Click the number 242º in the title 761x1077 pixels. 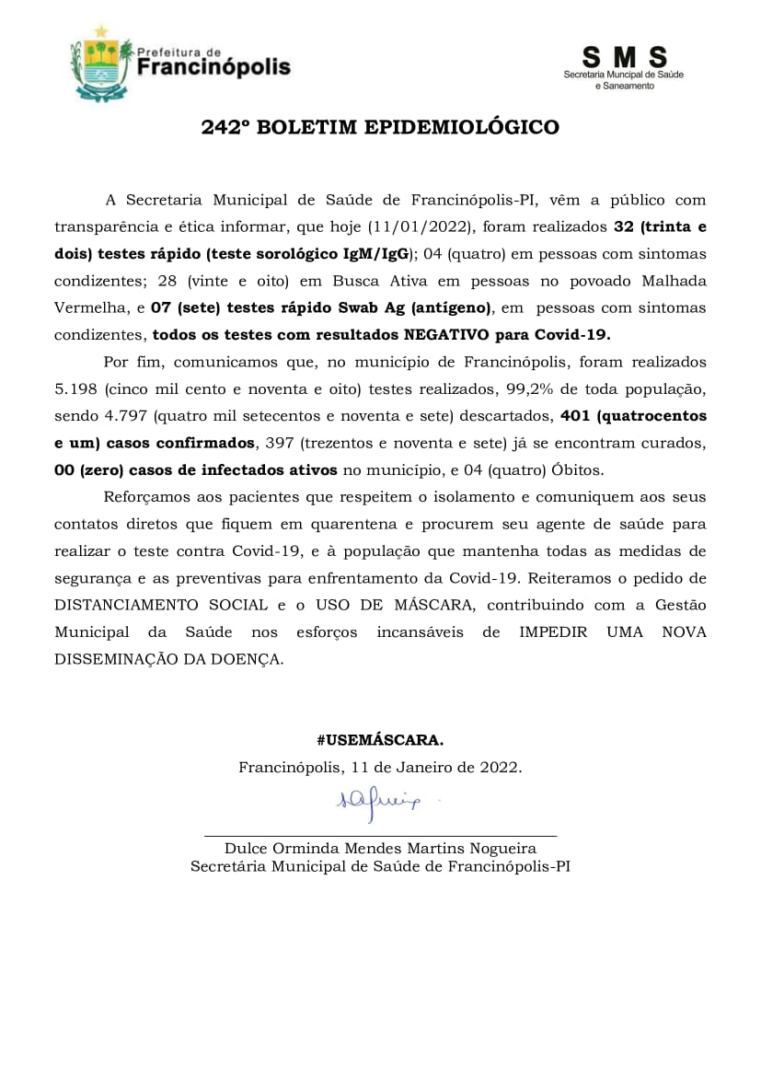[226, 128]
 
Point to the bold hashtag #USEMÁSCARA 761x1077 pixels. [380, 740]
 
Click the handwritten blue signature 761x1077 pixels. [378, 802]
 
